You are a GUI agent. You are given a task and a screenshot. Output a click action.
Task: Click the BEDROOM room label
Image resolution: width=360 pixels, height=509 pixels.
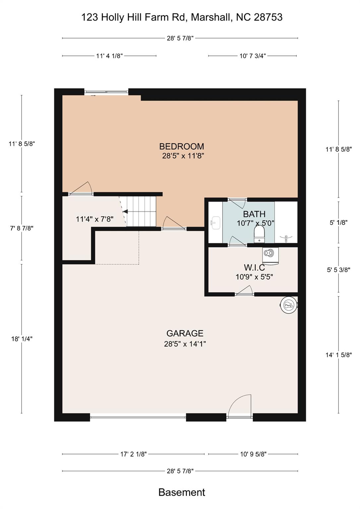(x=181, y=146)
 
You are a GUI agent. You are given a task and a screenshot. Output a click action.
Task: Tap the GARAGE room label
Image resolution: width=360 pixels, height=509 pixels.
(x=185, y=333)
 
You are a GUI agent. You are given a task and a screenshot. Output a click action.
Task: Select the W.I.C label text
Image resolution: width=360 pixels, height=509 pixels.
(x=254, y=267)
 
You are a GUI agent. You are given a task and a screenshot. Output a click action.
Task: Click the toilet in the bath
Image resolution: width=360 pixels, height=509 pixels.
(x=260, y=234)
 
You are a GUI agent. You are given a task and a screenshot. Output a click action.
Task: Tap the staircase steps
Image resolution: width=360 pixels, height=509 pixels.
(x=141, y=211)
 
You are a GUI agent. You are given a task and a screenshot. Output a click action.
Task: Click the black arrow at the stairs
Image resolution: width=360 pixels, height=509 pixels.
(x=126, y=211)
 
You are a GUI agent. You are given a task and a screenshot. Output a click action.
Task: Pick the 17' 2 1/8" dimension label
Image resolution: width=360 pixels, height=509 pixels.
(x=133, y=454)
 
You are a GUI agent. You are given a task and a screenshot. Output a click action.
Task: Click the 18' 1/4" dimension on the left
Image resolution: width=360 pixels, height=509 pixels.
(x=22, y=339)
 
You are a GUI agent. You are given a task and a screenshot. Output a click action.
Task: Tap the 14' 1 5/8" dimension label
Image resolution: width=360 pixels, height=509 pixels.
(x=338, y=355)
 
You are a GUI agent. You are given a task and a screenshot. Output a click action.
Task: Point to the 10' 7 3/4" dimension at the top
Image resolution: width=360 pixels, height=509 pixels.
(x=253, y=56)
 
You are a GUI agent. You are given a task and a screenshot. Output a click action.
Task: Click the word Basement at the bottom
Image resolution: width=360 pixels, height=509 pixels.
(x=182, y=492)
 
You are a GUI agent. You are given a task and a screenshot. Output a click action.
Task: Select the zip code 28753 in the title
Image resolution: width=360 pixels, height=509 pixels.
(x=268, y=17)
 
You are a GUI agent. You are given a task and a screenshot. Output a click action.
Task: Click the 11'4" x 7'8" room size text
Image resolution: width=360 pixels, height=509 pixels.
(x=94, y=219)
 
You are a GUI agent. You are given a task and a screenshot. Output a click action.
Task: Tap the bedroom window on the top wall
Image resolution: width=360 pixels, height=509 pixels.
(x=106, y=92)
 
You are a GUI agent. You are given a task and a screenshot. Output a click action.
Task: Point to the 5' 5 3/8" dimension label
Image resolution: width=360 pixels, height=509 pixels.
(x=338, y=270)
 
